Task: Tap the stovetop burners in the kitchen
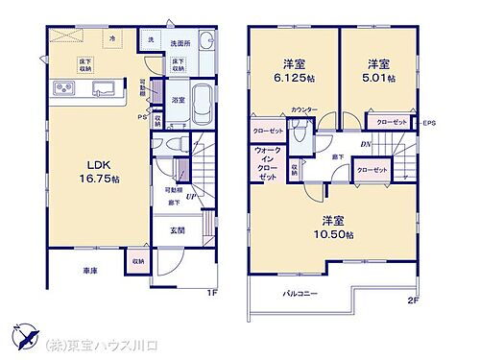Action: [x=60, y=90]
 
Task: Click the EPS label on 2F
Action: [x=428, y=123]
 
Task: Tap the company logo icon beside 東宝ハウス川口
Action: [x=27, y=338]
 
